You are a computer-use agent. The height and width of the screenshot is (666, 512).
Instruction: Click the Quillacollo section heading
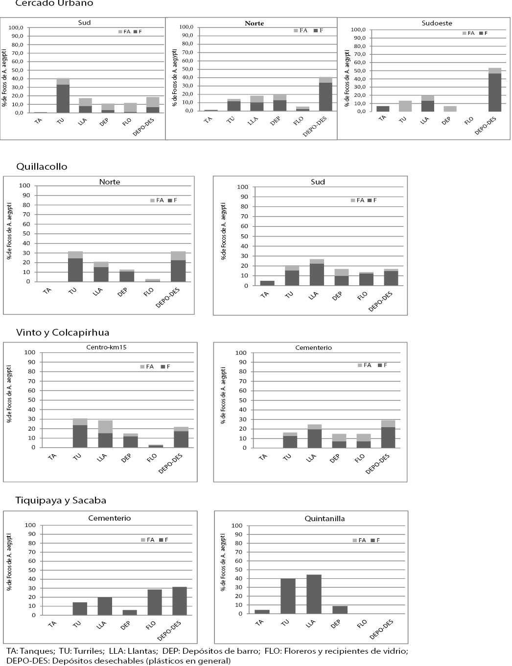pos(42,167)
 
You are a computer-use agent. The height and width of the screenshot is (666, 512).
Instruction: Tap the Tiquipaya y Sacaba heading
pos(61,501)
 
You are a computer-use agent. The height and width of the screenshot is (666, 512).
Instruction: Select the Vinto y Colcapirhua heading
pos(62,333)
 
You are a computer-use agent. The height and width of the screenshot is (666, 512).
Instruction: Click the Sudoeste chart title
pos(437,23)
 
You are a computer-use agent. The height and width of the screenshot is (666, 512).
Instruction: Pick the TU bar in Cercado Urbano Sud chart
pos(63,98)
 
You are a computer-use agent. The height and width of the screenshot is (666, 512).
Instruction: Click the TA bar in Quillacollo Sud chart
pos(266,283)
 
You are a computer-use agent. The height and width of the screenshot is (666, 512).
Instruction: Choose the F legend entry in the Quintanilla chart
pos(375,540)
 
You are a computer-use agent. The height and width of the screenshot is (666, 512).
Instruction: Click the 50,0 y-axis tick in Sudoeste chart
pos(359,70)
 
